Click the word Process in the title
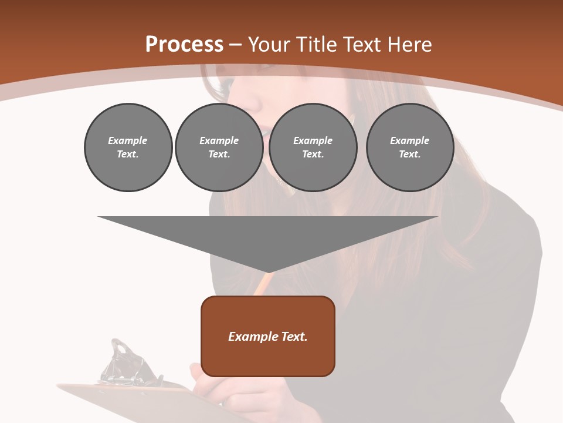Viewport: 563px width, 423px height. point(184,44)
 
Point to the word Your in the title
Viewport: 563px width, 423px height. point(267,45)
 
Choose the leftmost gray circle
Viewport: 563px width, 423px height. point(128,147)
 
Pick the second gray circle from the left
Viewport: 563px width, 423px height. point(219,147)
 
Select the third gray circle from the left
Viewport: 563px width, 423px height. point(313,147)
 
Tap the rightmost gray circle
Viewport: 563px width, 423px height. point(409,147)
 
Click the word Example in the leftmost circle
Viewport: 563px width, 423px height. point(128,140)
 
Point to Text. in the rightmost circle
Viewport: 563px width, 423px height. point(409,155)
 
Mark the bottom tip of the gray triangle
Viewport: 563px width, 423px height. point(268,271)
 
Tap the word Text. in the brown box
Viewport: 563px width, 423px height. point(294,337)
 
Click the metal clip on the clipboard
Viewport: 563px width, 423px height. point(126,364)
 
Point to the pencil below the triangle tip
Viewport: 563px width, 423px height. point(261,285)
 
